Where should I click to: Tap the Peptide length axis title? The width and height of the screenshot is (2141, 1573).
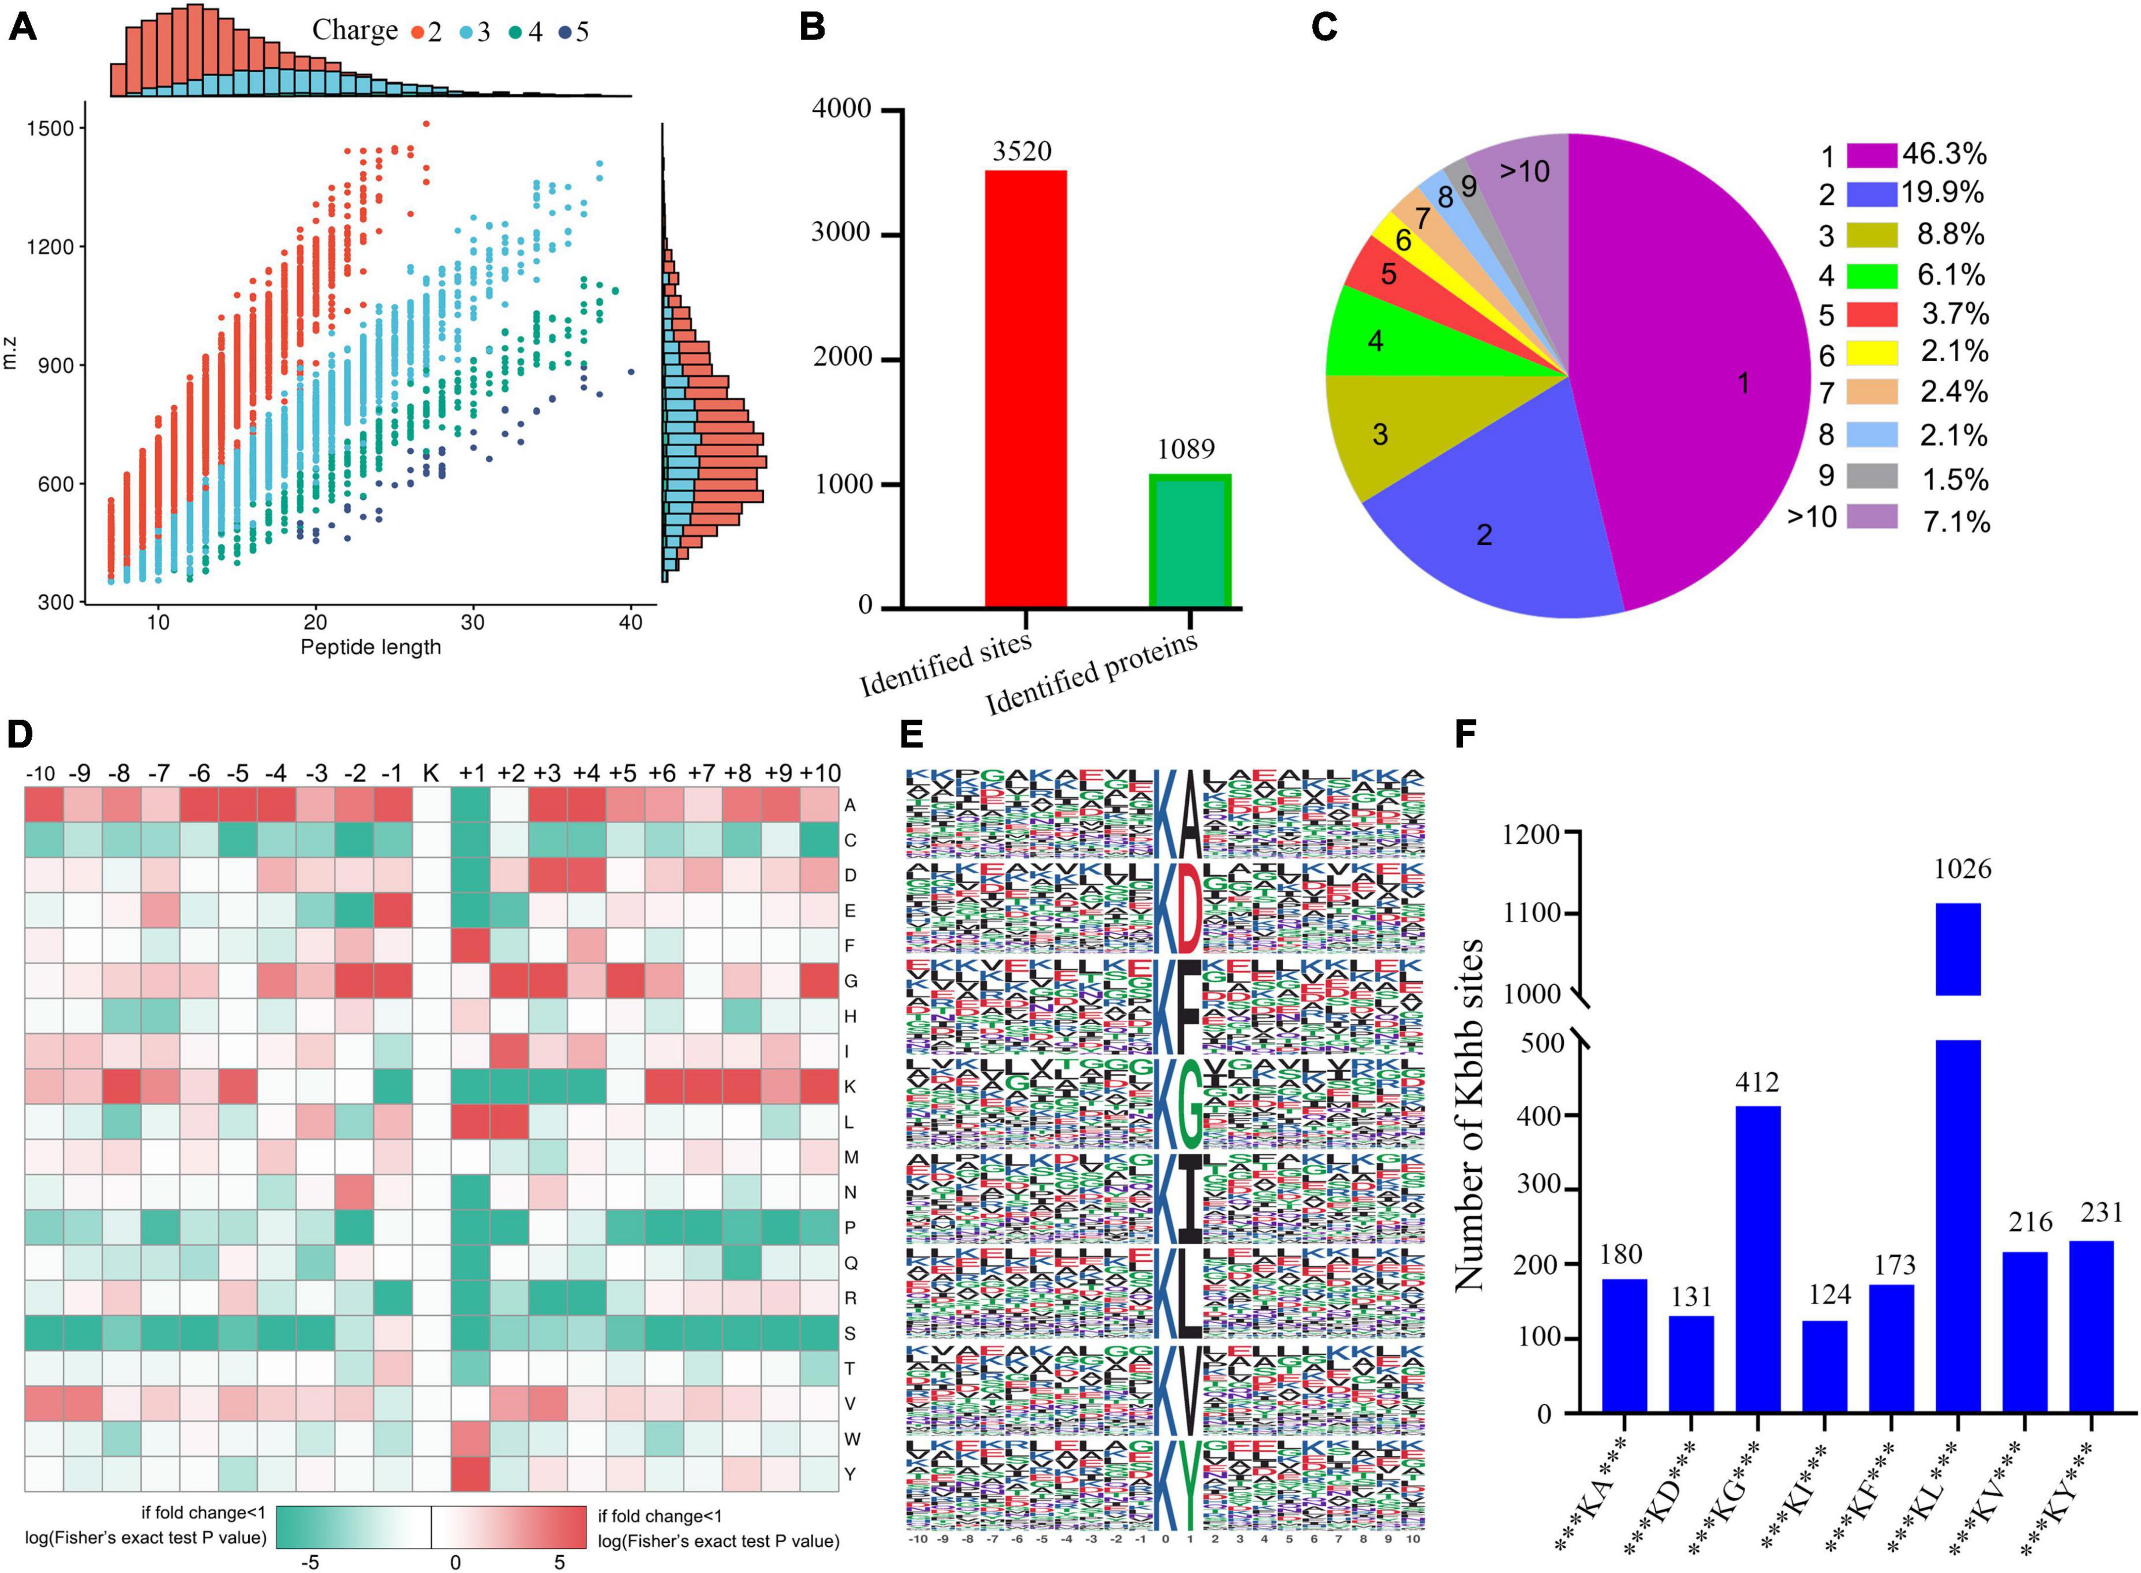(x=371, y=648)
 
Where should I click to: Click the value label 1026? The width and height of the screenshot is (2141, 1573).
(x=1962, y=868)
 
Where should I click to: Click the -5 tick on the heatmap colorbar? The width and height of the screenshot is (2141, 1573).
(x=310, y=1562)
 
